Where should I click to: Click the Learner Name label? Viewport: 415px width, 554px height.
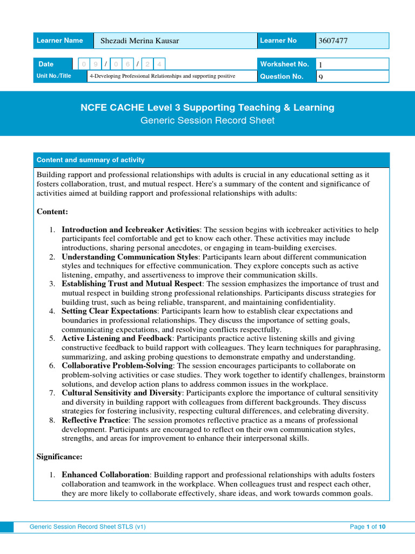59,41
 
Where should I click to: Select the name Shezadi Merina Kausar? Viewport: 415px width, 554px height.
139,41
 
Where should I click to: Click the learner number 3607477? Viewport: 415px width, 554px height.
333,41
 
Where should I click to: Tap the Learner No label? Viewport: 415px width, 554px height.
278,41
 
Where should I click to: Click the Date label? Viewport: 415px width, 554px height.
46,64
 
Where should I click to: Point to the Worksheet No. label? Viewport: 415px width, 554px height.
284,64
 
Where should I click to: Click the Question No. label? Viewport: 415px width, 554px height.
282,77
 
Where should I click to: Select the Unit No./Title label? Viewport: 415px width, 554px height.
53,76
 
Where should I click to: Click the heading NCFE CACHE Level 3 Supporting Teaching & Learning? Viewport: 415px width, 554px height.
207,108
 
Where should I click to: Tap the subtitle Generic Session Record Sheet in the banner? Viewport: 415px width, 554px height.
207,121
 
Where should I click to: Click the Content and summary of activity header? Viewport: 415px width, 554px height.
90,160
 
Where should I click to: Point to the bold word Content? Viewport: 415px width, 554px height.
52,211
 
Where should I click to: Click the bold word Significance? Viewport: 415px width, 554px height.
59,457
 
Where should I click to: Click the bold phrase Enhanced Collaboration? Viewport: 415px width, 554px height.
105,475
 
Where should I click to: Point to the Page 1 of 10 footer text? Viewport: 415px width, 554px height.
367,526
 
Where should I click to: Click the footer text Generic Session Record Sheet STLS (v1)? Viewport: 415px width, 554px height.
88,526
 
